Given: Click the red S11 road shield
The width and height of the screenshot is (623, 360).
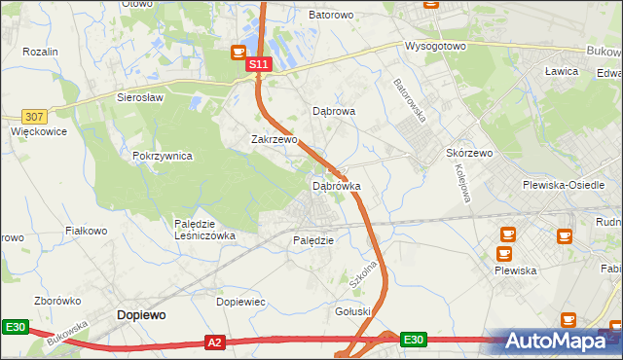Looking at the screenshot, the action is (x=257, y=64).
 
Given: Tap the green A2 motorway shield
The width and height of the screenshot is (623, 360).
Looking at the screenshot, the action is (x=215, y=342).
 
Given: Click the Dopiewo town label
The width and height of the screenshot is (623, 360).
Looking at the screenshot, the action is (x=141, y=315).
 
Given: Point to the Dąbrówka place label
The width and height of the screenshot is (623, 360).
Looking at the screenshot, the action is (x=336, y=185).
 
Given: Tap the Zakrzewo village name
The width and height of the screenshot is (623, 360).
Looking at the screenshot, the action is (x=274, y=139).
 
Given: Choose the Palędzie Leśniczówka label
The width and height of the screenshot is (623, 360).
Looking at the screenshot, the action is (x=204, y=230).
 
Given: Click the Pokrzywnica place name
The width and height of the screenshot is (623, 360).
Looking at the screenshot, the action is (x=163, y=156).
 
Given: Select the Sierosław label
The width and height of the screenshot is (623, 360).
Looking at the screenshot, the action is (x=140, y=97).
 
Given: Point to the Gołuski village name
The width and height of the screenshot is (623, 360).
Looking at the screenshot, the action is (x=353, y=311).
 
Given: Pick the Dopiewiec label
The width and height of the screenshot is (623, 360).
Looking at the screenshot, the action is (x=240, y=303).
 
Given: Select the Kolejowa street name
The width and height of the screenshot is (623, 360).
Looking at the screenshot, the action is (x=462, y=182).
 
